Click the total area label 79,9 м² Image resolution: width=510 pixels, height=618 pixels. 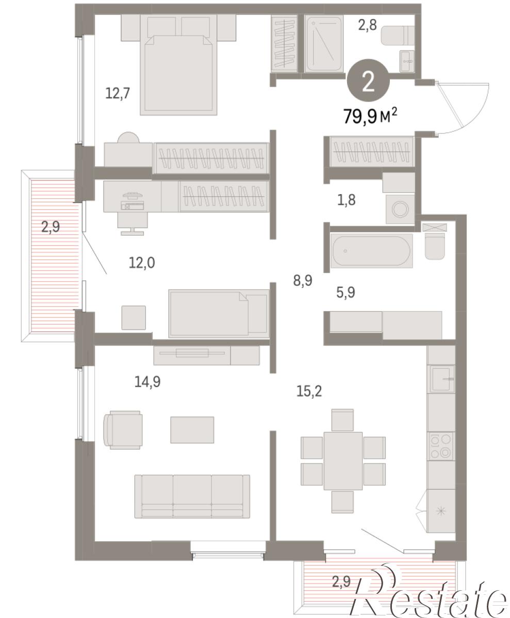(x=370, y=115)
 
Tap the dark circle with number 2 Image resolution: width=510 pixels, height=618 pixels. (x=368, y=81)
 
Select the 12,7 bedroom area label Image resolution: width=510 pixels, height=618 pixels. (x=118, y=94)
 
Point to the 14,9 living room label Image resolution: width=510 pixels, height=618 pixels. (x=147, y=382)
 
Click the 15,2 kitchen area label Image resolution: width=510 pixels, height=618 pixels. (x=309, y=391)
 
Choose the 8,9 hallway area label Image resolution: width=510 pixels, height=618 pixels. (x=303, y=280)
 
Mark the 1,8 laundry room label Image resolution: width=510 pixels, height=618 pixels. (x=347, y=200)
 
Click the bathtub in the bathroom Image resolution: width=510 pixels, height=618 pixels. (x=371, y=251)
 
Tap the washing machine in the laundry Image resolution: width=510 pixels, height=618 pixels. (x=400, y=209)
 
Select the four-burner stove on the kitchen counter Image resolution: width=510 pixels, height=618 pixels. (x=441, y=446)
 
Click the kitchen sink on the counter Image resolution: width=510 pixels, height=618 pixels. (x=441, y=379)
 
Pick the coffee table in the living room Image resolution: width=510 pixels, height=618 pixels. (x=192, y=430)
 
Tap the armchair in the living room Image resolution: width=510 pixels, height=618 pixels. (x=123, y=430)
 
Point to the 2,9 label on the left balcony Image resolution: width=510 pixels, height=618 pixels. (x=51, y=227)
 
